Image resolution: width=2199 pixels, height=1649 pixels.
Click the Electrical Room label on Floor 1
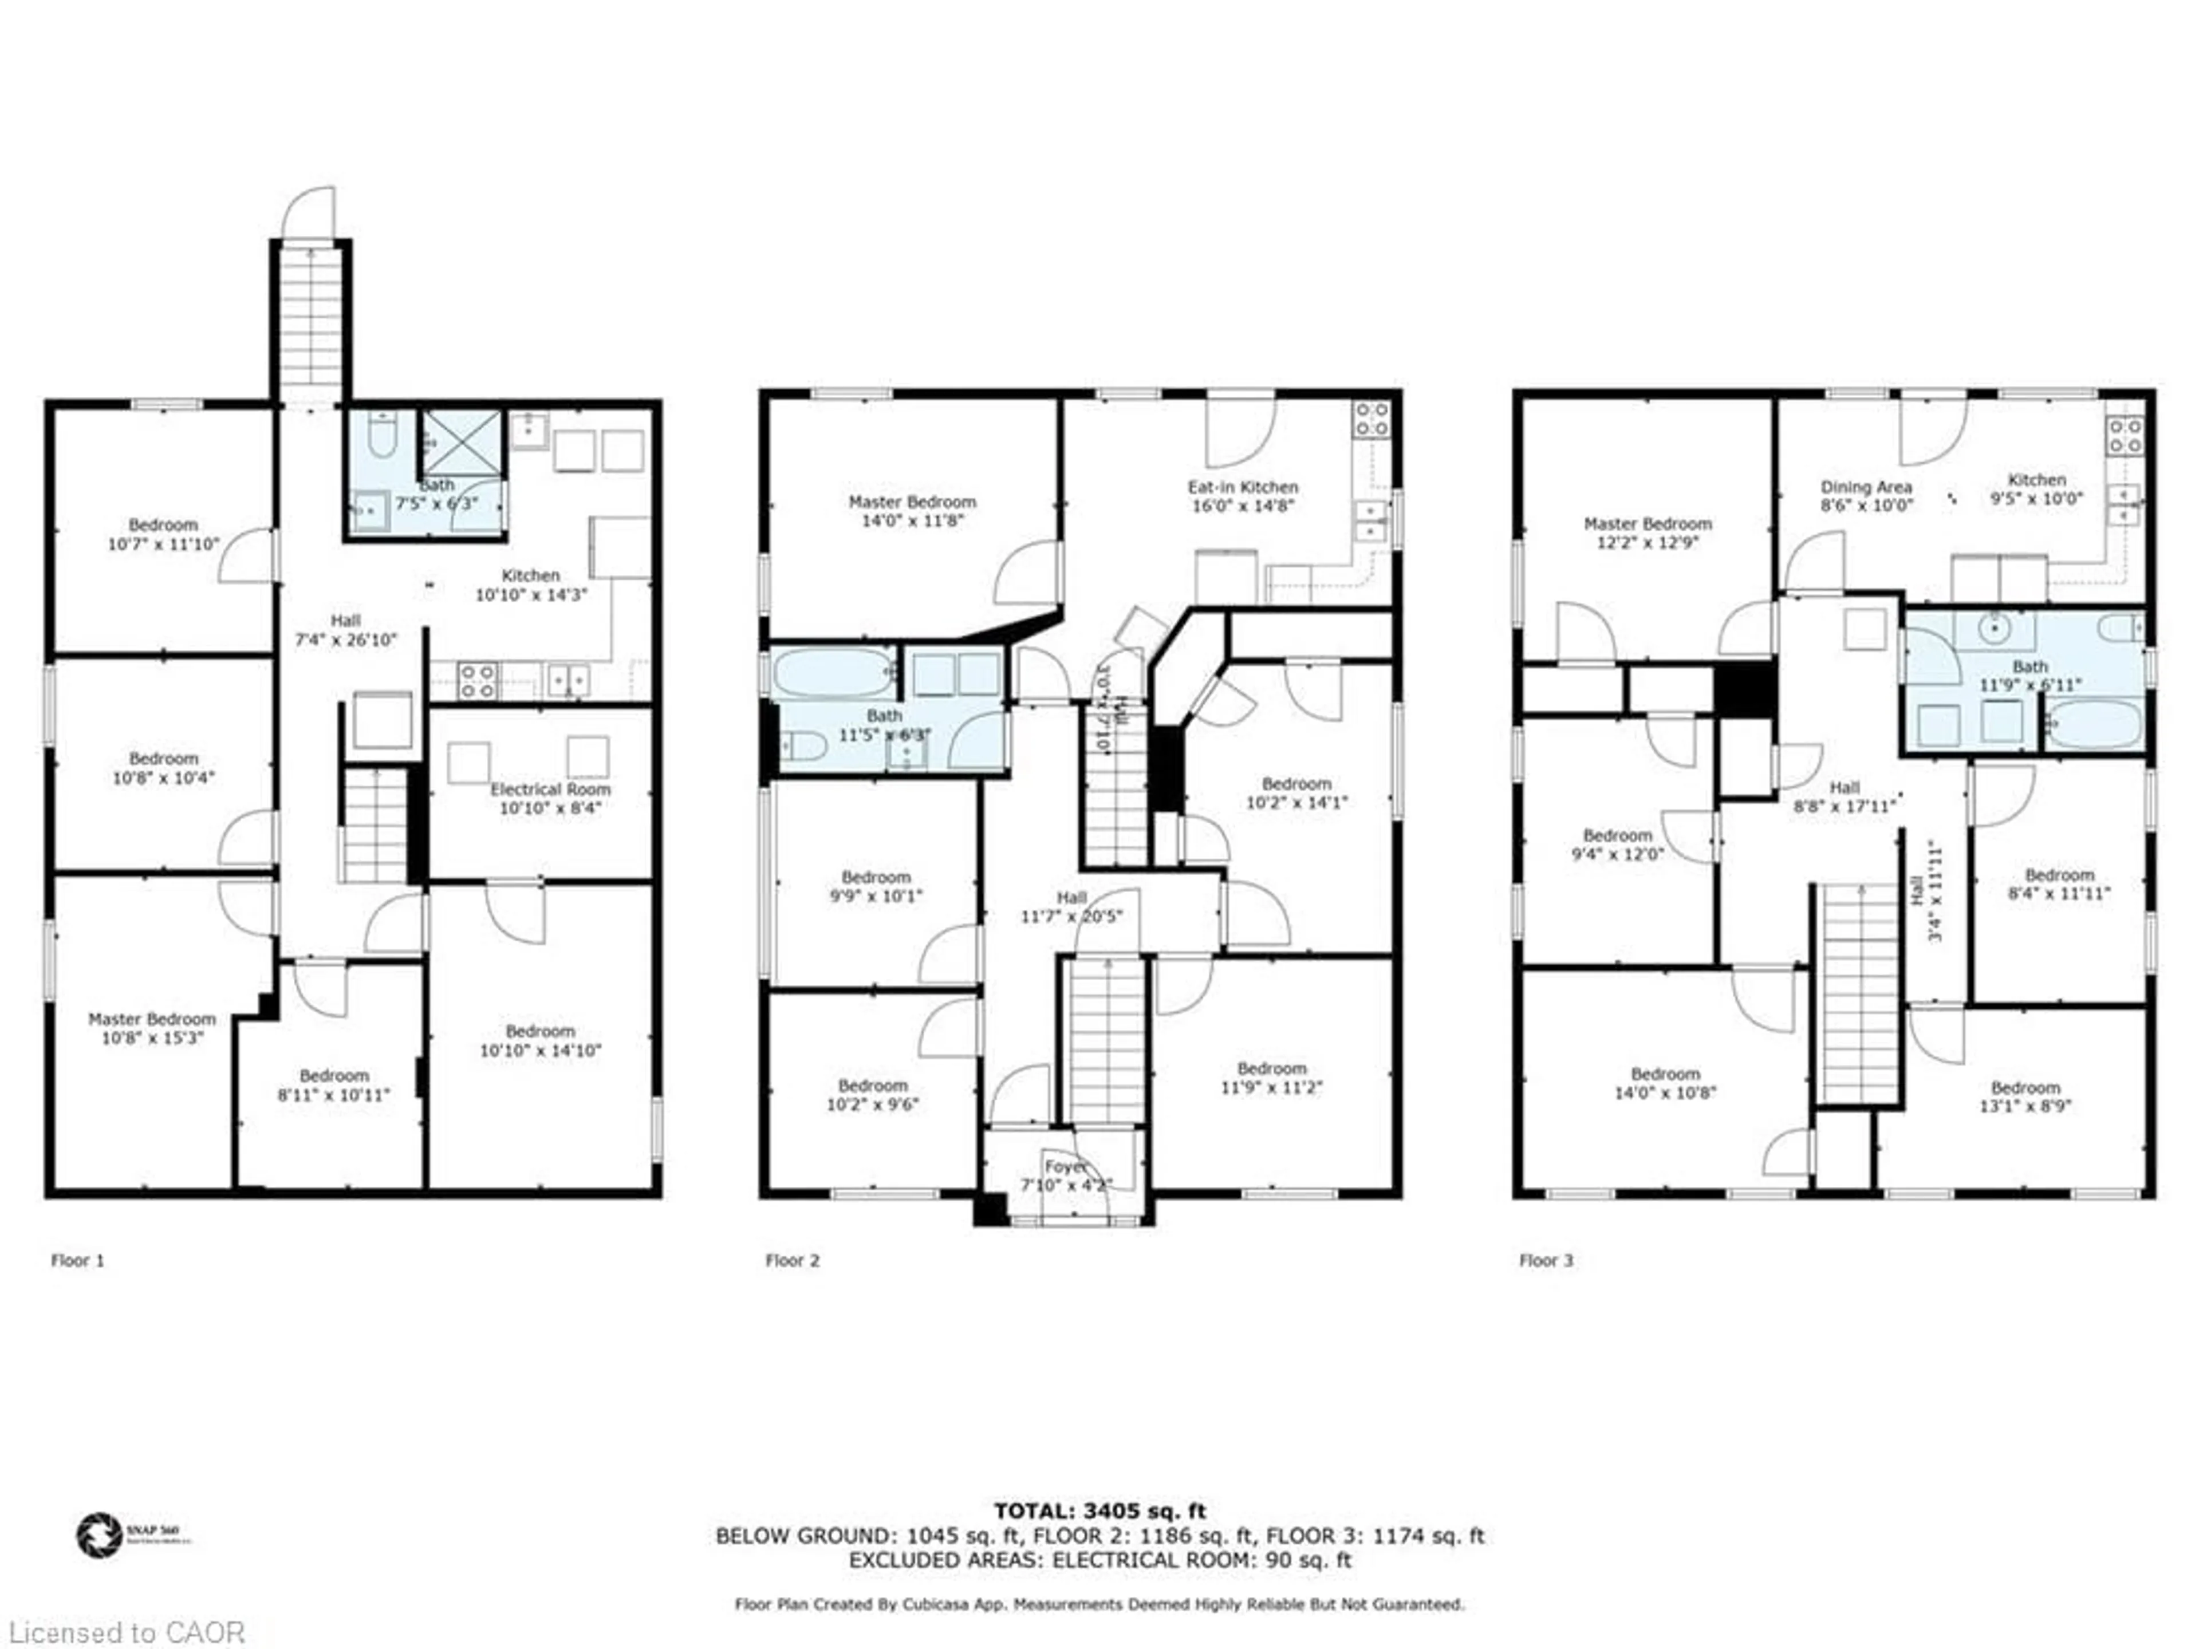click(550, 789)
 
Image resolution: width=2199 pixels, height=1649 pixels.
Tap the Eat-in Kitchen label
click(1243, 487)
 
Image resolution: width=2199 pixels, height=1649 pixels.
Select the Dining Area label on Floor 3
click(1865, 487)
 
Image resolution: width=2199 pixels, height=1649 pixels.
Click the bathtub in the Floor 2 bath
click(834, 673)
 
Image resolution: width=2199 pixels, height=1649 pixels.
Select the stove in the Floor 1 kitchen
click(477, 681)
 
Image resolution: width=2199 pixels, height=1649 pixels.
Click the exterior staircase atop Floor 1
click(311, 323)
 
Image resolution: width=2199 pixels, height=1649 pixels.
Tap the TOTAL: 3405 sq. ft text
click(1099, 1512)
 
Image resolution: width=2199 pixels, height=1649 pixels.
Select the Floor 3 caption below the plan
click(1546, 1260)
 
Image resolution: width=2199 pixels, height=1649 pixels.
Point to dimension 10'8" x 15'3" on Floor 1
click(152, 1037)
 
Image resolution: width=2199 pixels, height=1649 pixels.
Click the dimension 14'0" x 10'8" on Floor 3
click(1665, 1092)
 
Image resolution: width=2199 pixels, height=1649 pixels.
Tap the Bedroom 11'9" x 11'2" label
click(1271, 1078)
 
